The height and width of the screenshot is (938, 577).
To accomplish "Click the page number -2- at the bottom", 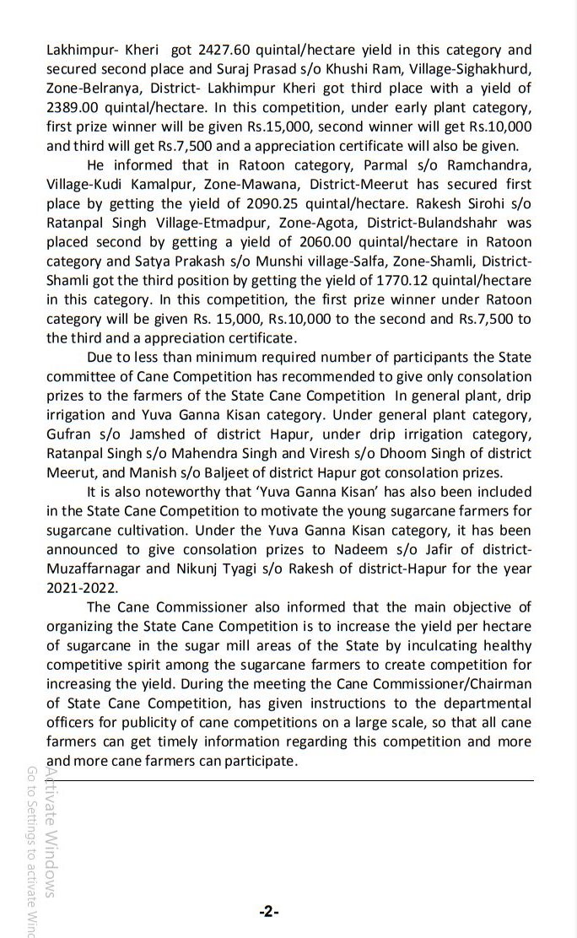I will point(269,913).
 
